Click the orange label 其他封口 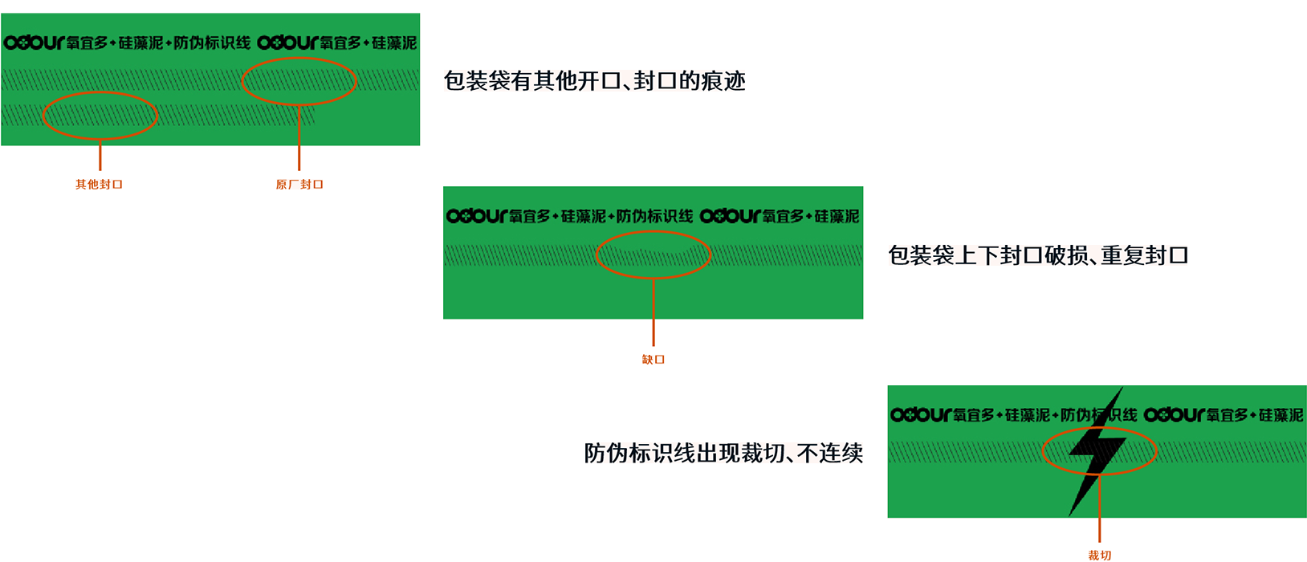click(x=99, y=185)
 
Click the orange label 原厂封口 click(x=299, y=185)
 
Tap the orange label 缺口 click(x=653, y=360)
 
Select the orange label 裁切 click(x=1099, y=555)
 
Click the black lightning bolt click(x=1095, y=452)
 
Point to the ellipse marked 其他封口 click(x=100, y=116)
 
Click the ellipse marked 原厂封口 click(x=299, y=81)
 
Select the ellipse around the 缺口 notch click(x=653, y=255)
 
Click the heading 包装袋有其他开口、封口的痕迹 click(x=595, y=81)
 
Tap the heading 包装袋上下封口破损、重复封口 click(x=1037, y=255)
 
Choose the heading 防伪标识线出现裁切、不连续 click(x=723, y=453)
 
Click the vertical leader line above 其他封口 click(x=100, y=154)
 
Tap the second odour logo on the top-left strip click(x=287, y=43)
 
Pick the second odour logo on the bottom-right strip click(x=1174, y=415)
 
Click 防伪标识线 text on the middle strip click(x=655, y=216)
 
